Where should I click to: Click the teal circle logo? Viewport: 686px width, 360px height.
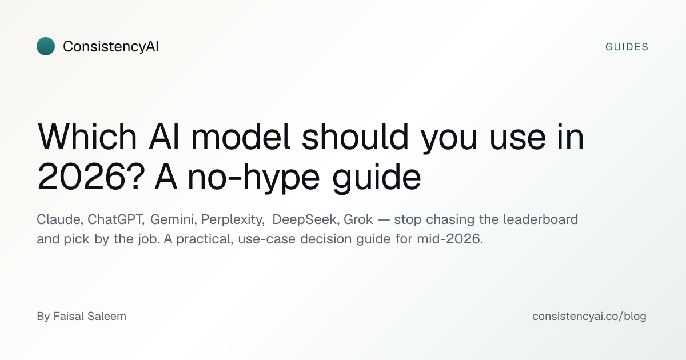pyautogui.click(x=46, y=46)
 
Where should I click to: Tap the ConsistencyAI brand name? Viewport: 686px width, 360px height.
pyautogui.click(x=110, y=46)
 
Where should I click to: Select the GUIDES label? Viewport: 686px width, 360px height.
pyautogui.click(x=627, y=47)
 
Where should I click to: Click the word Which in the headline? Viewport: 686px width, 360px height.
pyautogui.click(x=87, y=137)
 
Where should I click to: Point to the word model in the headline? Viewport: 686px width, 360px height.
pyautogui.click(x=241, y=137)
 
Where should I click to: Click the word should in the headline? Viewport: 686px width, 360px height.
pyautogui.click(x=355, y=137)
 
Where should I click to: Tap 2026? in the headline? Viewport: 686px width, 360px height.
pyautogui.click(x=91, y=177)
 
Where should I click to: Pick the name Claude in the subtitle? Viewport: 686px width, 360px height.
pyautogui.click(x=59, y=219)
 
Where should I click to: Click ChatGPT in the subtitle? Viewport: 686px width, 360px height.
pyautogui.click(x=115, y=219)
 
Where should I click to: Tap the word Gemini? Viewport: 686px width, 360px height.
pyautogui.click(x=173, y=219)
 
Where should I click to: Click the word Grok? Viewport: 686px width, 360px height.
pyautogui.click(x=358, y=219)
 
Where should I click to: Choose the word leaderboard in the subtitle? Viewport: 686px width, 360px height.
pyautogui.click(x=541, y=219)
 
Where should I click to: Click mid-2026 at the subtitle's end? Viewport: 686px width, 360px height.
pyautogui.click(x=449, y=239)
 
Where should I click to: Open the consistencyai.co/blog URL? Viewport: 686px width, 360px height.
pyautogui.click(x=589, y=316)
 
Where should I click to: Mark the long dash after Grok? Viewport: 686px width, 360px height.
pyautogui.click(x=384, y=220)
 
